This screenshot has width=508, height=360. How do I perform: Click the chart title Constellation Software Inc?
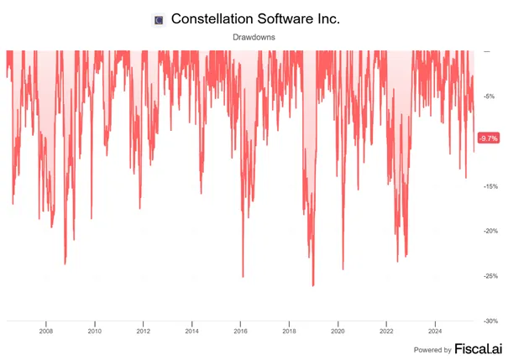pyautogui.click(x=255, y=18)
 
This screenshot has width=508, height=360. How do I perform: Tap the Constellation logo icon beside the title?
pyautogui.click(x=159, y=20)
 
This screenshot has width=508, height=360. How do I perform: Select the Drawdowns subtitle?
pyautogui.click(x=254, y=37)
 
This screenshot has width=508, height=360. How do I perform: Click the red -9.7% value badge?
pyautogui.click(x=489, y=138)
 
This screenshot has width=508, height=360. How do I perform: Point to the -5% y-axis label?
pyautogui.click(x=489, y=97)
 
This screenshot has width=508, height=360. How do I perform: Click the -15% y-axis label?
pyautogui.click(x=490, y=186)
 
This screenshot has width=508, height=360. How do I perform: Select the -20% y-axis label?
pyautogui.click(x=490, y=231)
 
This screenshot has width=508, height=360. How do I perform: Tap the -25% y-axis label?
pyautogui.click(x=490, y=276)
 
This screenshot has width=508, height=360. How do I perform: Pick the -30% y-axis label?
pyautogui.click(x=490, y=321)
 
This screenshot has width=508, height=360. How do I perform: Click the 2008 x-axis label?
pyautogui.click(x=46, y=331)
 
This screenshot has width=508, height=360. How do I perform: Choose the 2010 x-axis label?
pyautogui.click(x=95, y=331)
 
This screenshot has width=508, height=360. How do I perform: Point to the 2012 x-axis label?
pyautogui.click(x=144, y=331)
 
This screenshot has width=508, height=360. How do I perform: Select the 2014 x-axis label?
pyautogui.click(x=191, y=331)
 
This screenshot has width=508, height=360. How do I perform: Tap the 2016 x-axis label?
pyautogui.click(x=240, y=331)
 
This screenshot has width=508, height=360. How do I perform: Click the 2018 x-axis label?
pyautogui.click(x=289, y=331)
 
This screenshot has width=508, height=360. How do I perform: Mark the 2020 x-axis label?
pyautogui.click(x=338, y=331)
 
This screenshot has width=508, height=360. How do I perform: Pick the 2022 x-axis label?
pyautogui.click(x=386, y=331)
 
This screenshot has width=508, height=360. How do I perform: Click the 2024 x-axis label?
pyautogui.click(x=435, y=331)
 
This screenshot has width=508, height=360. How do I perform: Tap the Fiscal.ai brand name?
pyautogui.click(x=479, y=349)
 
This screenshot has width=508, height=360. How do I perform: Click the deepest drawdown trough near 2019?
pyautogui.click(x=313, y=286)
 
